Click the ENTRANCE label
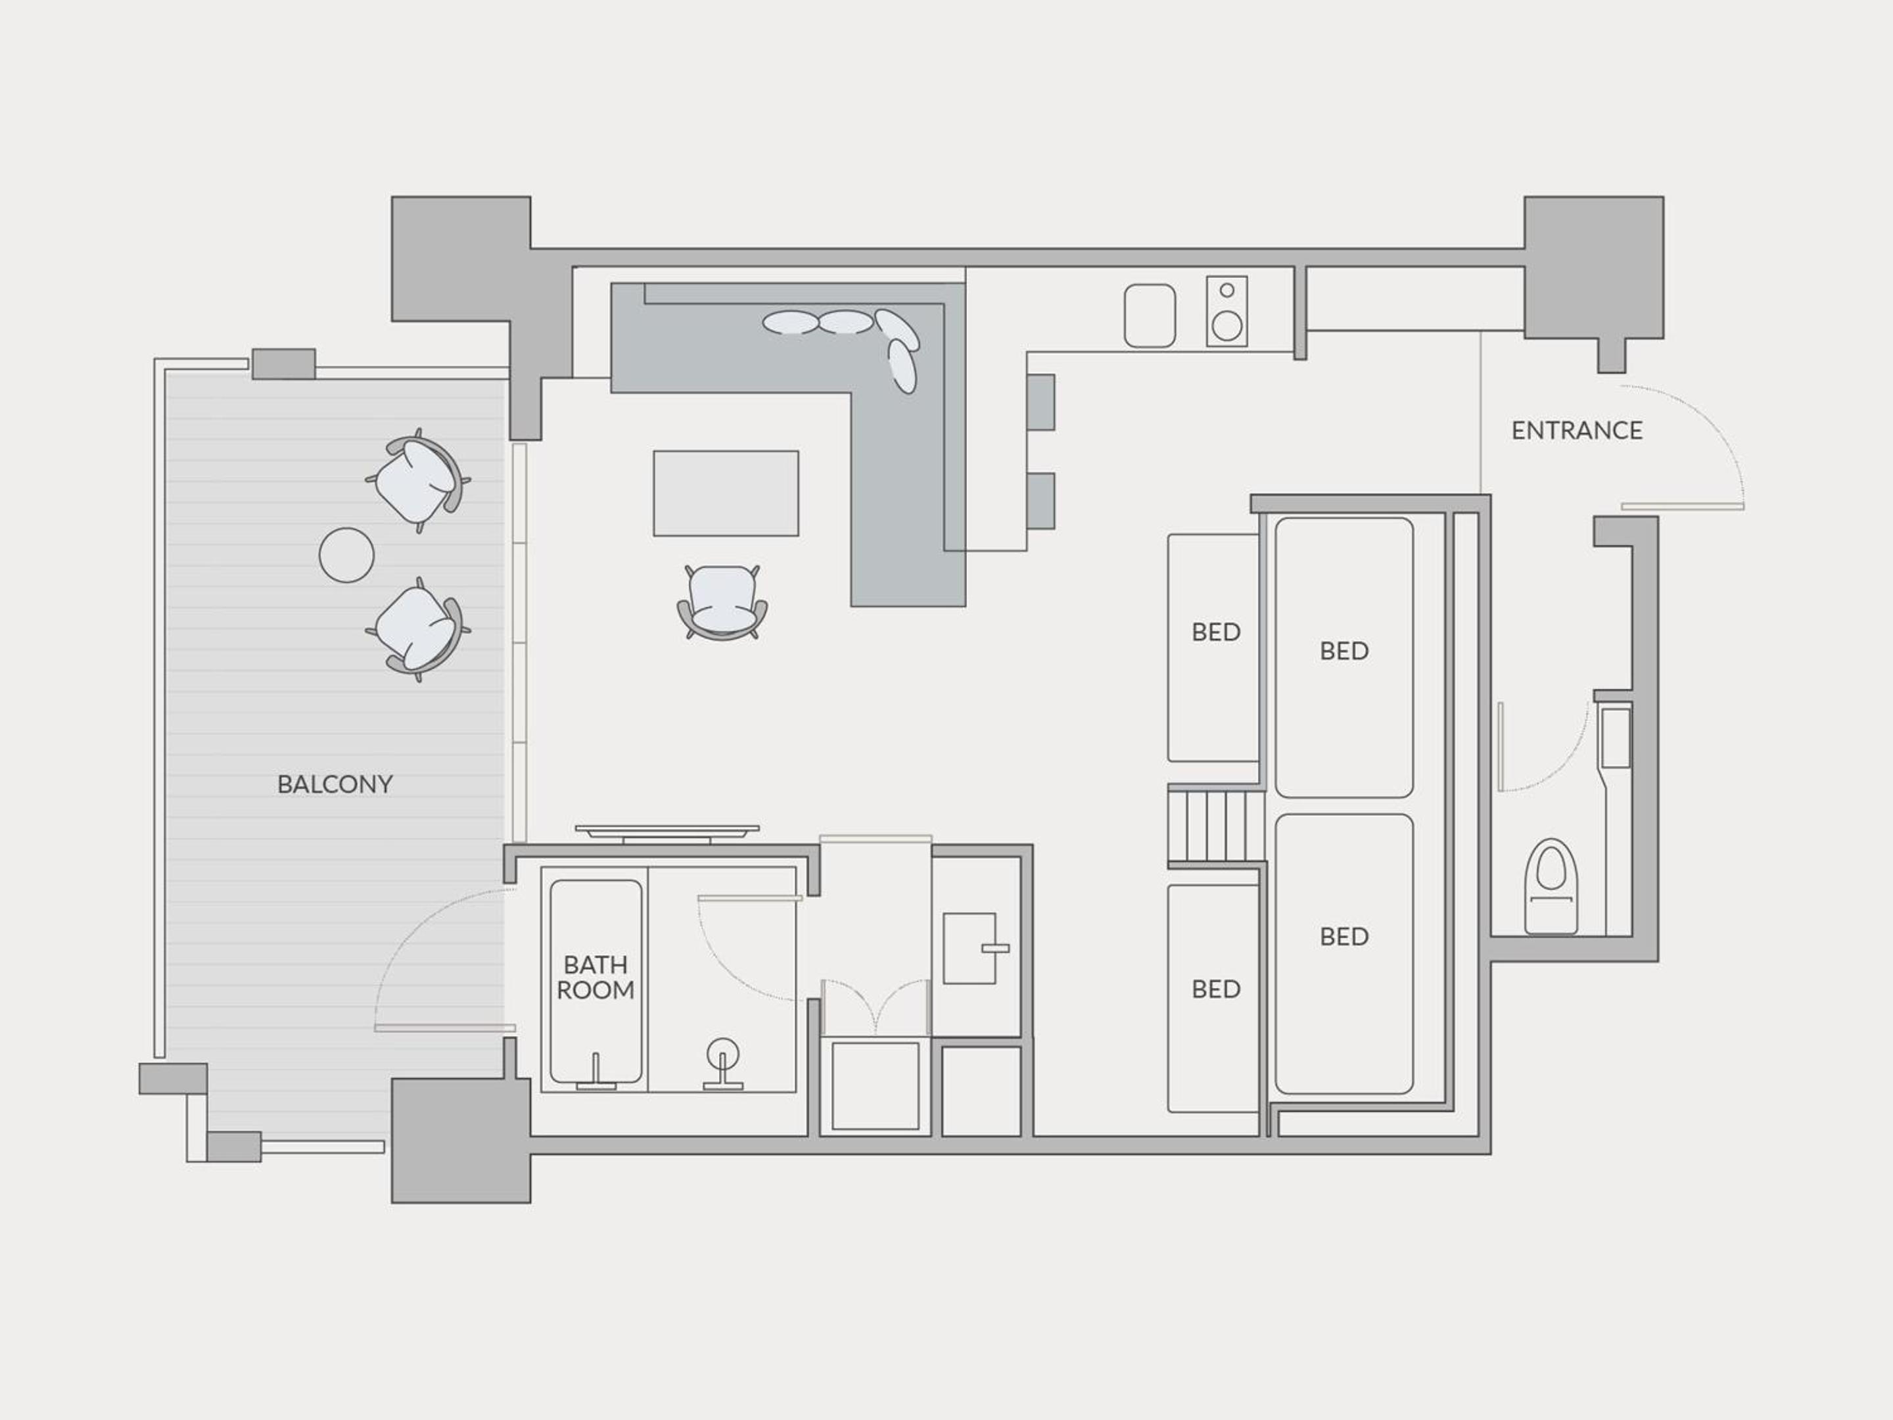coord(1576,431)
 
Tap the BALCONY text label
coord(335,784)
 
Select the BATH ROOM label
coord(596,977)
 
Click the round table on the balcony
coord(346,556)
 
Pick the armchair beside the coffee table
coord(722,602)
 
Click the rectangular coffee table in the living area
coord(726,493)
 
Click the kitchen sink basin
coord(1150,316)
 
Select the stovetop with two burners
coord(1227,311)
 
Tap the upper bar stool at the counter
coord(1040,402)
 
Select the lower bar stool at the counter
coord(1040,501)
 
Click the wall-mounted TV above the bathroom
coord(666,833)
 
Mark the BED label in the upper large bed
coord(1344,651)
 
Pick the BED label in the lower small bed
coord(1216,989)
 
